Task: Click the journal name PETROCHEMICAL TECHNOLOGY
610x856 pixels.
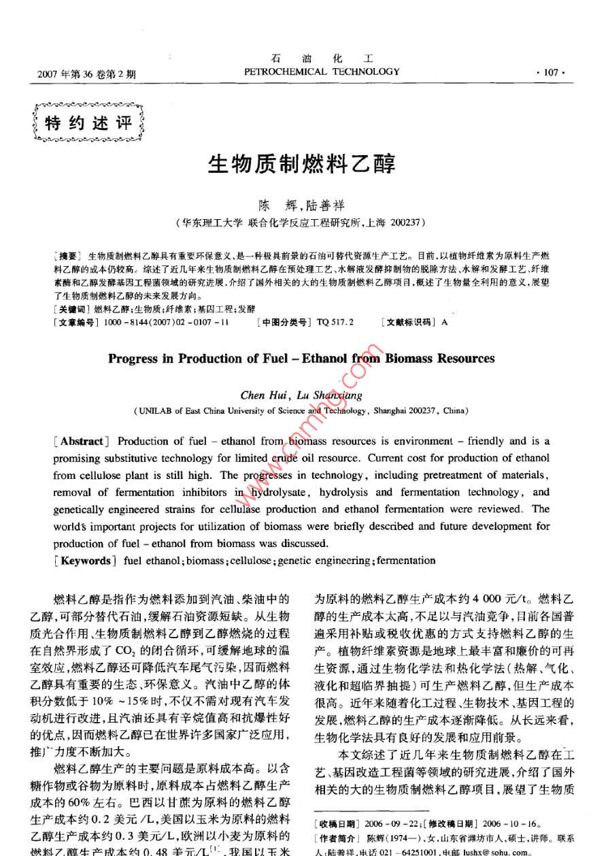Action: pos(322,71)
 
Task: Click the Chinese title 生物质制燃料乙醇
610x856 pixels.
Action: pos(301,164)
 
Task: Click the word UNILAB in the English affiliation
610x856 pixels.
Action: pos(156,411)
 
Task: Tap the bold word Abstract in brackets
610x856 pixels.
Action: pos(83,441)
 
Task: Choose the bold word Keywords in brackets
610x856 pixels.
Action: pos(86,560)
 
